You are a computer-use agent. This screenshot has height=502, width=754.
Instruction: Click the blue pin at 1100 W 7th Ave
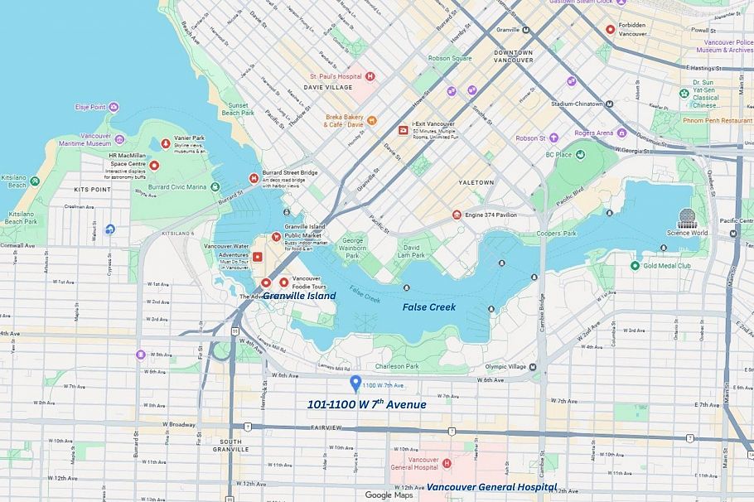[x=355, y=384]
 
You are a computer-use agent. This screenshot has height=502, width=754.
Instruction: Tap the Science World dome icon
[x=688, y=219]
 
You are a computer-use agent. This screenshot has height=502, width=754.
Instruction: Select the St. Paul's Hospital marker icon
[x=370, y=76]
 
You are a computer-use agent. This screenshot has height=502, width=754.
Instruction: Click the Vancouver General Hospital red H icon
[x=447, y=462]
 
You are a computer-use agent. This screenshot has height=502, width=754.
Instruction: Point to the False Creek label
[x=429, y=307]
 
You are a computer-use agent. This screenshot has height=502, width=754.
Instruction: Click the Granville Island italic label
[x=300, y=296]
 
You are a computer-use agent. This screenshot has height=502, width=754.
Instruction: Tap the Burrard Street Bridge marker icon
[x=254, y=178]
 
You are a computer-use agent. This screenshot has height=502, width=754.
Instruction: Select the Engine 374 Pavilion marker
[x=457, y=215]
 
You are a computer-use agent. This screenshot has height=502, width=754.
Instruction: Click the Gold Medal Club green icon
[x=635, y=265]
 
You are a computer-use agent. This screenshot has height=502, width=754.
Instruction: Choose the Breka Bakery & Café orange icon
[x=372, y=120]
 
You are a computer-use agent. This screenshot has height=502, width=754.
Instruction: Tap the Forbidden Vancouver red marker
[x=611, y=29]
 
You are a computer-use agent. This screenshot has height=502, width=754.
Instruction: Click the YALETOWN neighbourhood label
[x=476, y=182]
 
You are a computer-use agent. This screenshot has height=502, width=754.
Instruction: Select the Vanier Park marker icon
[x=166, y=143]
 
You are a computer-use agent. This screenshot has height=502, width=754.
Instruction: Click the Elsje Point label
[x=90, y=107]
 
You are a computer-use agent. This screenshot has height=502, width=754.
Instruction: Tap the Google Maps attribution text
[x=389, y=495]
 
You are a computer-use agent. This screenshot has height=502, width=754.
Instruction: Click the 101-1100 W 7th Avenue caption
[x=366, y=405]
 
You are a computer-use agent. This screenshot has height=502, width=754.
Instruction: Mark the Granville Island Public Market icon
[x=276, y=236]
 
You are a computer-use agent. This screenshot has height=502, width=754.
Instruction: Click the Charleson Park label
[x=396, y=366]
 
